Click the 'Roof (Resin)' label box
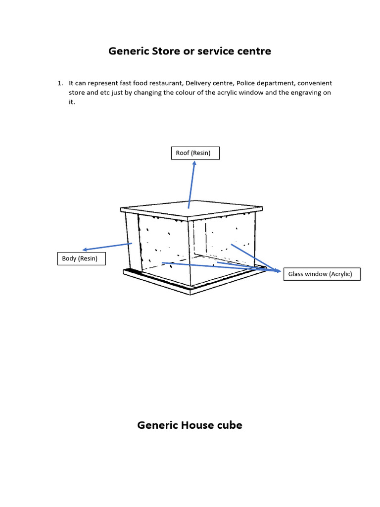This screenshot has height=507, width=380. (x=195, y=153)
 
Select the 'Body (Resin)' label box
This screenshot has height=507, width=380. (x=81, y=258)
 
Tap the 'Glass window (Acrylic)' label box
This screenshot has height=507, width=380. (x=322, y=274)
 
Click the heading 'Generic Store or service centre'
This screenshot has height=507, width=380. (x=190, y=51)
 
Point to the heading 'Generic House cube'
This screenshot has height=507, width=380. (x=190, y=425)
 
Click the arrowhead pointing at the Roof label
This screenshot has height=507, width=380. (x=194, y=163)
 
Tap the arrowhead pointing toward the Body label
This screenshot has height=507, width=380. (x=86, y=250)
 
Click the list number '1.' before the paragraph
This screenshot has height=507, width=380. (x=61, y=83)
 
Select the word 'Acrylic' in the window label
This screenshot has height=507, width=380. (x=340, y=274)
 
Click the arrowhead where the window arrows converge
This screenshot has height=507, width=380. (x=278, y=270)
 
